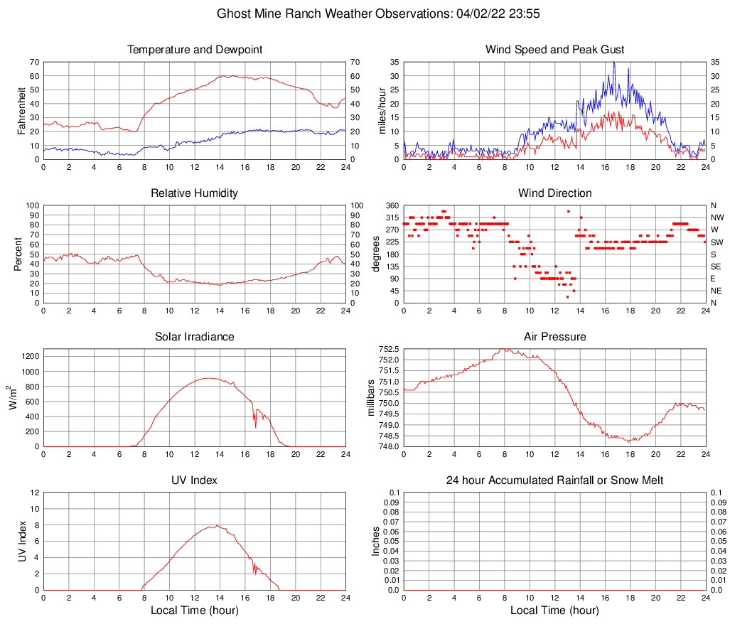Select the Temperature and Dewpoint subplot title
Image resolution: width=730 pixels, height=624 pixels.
click(195, 50)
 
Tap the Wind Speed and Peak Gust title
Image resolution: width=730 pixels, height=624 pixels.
click(554, 50)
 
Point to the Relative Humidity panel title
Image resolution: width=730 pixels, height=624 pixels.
click(195, 193)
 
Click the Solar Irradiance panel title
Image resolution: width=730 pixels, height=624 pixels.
click(195, 337)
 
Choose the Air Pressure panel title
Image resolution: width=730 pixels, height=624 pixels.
click(554, 337)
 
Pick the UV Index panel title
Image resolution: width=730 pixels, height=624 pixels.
click(195, 480)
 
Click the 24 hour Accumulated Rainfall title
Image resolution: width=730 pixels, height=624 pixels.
click(554, 480)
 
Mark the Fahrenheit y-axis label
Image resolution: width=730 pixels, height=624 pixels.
click(21, 111)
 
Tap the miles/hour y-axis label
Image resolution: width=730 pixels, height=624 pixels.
click(382, 111)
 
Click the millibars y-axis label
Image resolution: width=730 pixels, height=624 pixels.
click(370, 398)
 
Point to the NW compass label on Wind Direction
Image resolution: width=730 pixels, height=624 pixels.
click(716, 217)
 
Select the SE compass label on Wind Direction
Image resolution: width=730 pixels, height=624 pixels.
click(716, 267)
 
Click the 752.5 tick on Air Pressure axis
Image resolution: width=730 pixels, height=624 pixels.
click(387, 349)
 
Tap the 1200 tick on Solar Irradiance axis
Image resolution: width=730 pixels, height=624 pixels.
click(29, 354)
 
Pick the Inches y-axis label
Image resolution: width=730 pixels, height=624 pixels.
click(377, 542)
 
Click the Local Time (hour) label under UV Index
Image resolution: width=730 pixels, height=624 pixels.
click(195, 610)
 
